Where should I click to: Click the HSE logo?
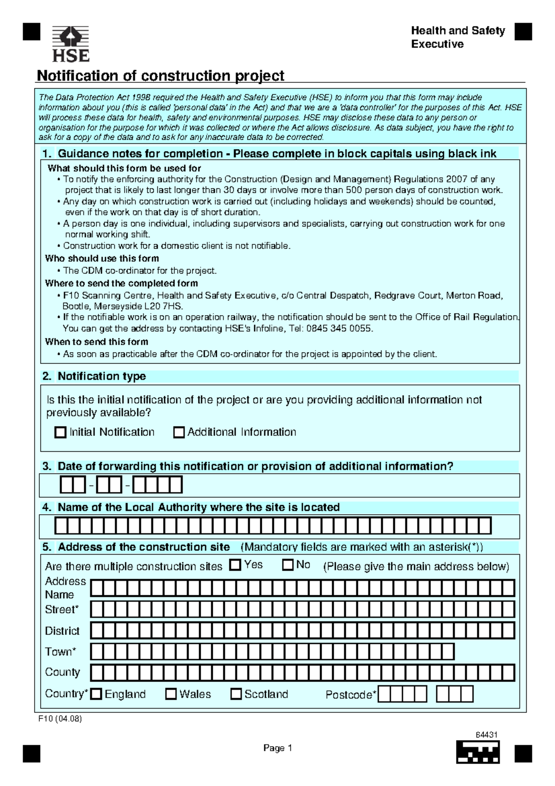click(70, 44)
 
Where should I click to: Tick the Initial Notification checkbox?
click(60, 432)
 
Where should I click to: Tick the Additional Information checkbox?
click(179, 432)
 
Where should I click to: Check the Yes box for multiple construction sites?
click(235, 565)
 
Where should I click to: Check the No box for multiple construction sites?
click(288, 565)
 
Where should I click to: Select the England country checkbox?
click(96, 694)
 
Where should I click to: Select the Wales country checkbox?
click(171, 694)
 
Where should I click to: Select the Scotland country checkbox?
click(236, 694)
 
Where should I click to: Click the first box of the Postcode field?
click(384, 694)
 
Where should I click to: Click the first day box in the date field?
click(67, 485)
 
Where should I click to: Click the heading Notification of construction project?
click(160, 75)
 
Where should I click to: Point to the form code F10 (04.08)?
click(60, 719)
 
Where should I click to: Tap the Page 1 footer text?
click(277, 748)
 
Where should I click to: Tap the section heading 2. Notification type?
click(94, 376)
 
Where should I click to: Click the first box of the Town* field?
click(97, 651)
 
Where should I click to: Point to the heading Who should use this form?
click(102, 258)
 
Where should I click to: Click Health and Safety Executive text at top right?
click(457, 37)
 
